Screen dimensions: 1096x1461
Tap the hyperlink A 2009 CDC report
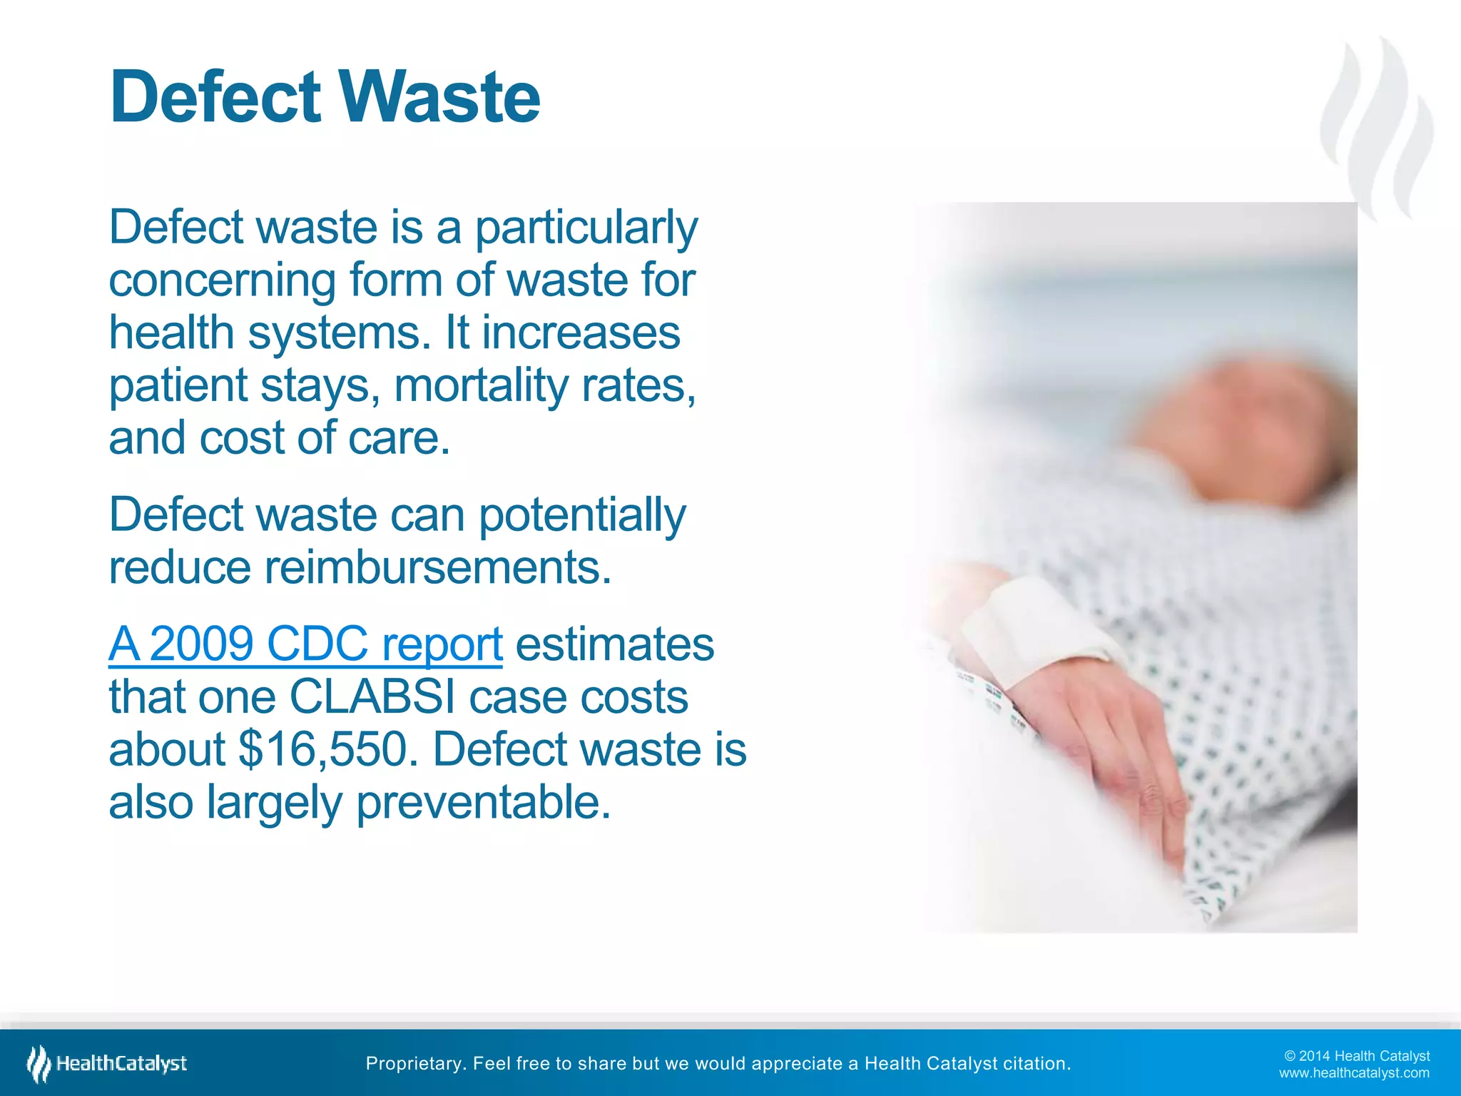coord(305,644)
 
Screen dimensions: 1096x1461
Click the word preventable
coord(483,803)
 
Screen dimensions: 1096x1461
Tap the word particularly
coord(586,228)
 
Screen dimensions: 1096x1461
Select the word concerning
coord(222,280)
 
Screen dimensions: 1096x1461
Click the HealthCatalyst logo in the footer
coord(107,1064)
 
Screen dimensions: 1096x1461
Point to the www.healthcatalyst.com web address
coord(1353,1073)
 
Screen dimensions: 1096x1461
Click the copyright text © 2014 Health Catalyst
coord(1356,1056)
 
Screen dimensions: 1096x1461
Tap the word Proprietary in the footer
coord(415,1064)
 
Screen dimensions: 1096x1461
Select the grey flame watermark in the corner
coord(1377,128)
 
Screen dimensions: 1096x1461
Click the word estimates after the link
coord(614,644)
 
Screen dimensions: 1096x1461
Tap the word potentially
coord(581,516)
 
